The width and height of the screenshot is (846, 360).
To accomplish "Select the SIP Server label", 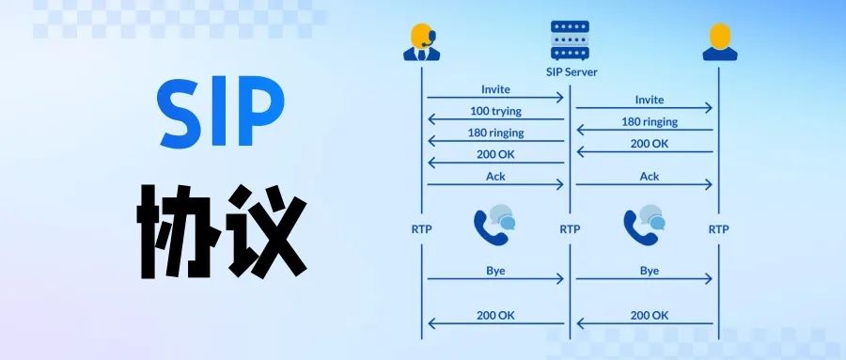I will click(x=572, y=71).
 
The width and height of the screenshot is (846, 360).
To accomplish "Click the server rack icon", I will click(x=571, y=39).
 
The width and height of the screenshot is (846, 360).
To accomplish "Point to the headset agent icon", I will click(x=422, y=41).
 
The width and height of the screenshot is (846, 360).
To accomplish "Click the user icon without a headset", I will click(x=719, y=41).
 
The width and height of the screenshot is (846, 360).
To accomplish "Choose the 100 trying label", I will click(x=495, y=111).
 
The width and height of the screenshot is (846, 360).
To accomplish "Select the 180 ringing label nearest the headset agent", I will click(x=495, y=133).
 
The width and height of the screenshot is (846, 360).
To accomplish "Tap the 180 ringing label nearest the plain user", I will click(x=649, y=121).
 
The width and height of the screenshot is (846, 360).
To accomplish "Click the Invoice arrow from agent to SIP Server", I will click(x=495, y=98).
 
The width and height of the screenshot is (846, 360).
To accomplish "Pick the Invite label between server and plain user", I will click(x=649, y=100).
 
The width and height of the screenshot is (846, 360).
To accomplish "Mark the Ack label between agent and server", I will click(x=495, y=176).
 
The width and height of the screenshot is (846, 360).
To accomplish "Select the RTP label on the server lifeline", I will click(x=570, y=228).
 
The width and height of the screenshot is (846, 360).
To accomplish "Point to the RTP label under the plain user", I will click(x=718, y=228).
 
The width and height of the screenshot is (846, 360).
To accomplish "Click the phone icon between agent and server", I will click(x=493, y=225).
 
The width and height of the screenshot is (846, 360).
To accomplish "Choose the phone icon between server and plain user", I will click(x=644, y=225).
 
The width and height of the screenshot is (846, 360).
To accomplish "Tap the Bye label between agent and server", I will click(x=495, y=270).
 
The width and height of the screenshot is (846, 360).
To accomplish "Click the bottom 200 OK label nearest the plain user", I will click(x=649, y=316).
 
